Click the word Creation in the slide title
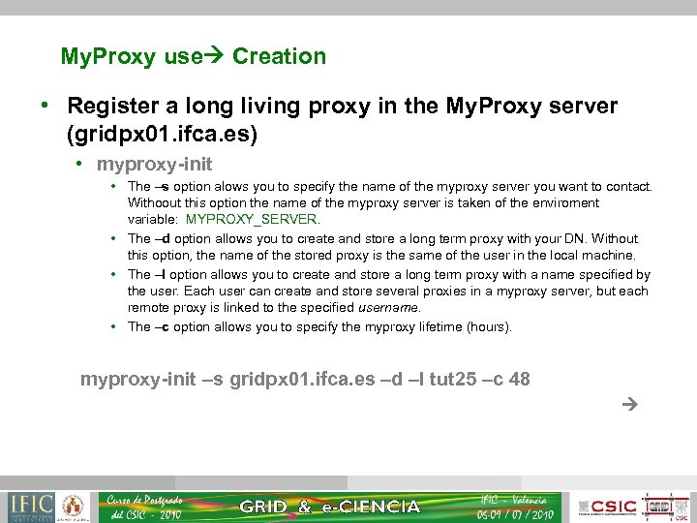279,56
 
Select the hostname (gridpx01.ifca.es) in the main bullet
162,134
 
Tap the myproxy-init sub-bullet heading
154,165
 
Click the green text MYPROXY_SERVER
252,219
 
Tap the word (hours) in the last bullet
489,326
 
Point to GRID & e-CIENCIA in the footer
329,507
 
